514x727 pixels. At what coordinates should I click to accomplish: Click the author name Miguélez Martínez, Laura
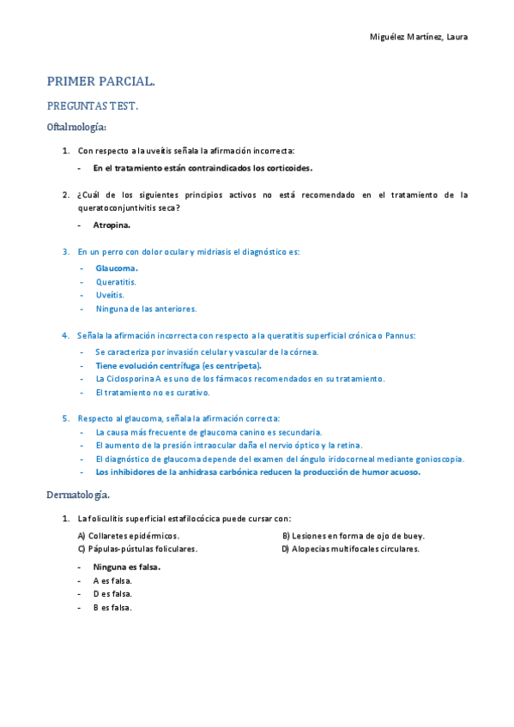[418, 37]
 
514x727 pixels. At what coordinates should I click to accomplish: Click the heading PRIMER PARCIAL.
[100, 82]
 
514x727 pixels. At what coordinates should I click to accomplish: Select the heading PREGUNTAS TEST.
[92, 106]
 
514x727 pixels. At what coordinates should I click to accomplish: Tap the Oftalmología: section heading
[76, 128]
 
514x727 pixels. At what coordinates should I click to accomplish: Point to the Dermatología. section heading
[78, 496]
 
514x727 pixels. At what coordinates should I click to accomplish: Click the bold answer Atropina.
[112, 225]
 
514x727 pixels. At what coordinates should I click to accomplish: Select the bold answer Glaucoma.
[117, 267]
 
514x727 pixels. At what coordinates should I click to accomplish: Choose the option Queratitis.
[116, 281]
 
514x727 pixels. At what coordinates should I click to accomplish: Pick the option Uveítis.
[110, 295]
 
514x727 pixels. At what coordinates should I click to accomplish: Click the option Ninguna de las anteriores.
[146, 309]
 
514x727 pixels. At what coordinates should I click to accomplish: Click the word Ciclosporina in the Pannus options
[129, 378]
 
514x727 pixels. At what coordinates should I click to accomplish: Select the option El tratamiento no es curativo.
[153, 392]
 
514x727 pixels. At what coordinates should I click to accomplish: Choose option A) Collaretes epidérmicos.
[129, 536]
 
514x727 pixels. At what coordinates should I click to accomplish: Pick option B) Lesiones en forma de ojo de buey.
[354, 536]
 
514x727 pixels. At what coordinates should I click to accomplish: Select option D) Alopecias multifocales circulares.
[351, 549]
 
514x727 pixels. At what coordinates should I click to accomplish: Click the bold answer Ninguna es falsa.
[127, 567]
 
